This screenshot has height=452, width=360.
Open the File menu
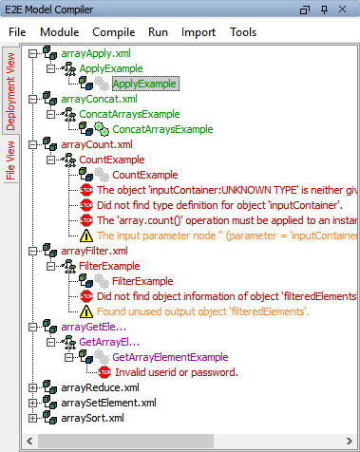17,31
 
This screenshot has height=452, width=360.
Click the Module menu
59,31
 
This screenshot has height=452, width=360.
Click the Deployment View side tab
11,91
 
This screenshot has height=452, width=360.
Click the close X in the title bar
348,9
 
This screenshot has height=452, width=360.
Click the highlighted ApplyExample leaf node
144,84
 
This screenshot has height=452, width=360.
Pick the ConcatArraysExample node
161,129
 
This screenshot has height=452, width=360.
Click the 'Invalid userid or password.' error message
176,372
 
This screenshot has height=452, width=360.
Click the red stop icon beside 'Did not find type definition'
86,205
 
